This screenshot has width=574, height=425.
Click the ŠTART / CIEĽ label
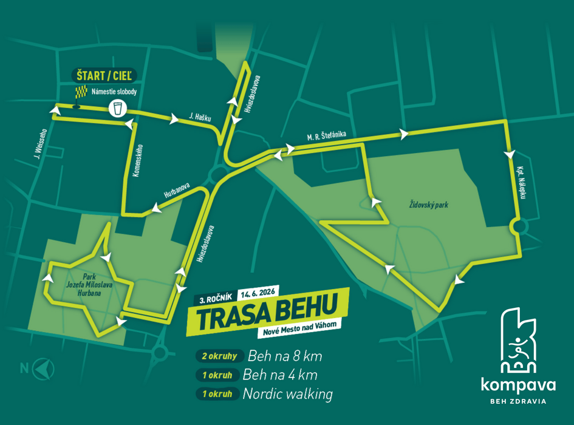104,75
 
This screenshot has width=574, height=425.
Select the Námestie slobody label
114,92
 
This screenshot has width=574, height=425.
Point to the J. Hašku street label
199,116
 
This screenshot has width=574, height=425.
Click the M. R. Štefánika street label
326,137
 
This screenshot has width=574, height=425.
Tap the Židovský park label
428,205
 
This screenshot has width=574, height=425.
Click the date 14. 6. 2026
258,292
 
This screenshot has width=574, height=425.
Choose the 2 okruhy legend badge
219,356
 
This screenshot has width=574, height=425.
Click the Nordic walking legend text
287,394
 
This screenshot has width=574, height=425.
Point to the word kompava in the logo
518,384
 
